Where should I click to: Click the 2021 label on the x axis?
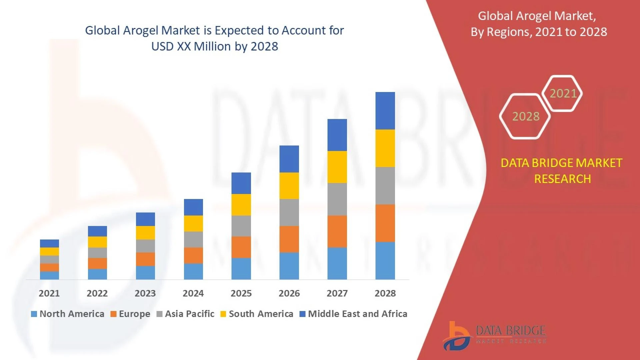(49, 293)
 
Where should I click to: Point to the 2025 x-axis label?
(241, 293)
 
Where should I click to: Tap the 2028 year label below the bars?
(385, 293)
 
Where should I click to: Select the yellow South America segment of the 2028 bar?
(385, 148)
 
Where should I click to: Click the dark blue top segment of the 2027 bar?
(337, 135)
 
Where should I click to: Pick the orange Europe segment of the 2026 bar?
(289, 239)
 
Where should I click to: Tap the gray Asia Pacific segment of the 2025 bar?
(241, 226)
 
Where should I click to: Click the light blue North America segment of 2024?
(193, 271)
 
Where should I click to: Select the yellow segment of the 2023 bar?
(145, 233)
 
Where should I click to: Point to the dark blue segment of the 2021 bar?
(49, 243)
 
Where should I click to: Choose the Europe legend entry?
(130, 314)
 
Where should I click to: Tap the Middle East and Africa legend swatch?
(303, 314)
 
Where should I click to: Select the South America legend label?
(261, 314)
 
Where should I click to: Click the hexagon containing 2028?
(525, 116)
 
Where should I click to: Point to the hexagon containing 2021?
(563, 93)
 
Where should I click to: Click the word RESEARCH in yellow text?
(562, 179)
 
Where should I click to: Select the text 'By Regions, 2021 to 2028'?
(539, 32)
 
